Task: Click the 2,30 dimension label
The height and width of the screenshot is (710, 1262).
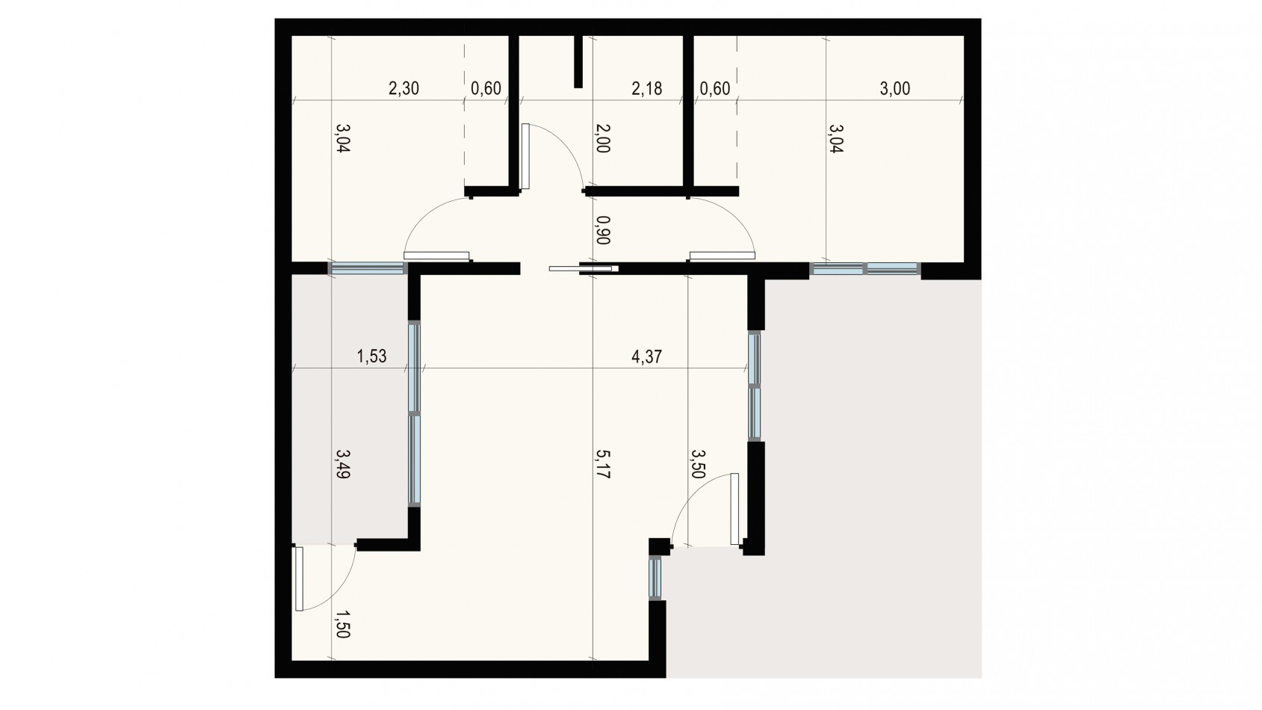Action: pyautogui.click(x=404, y=89)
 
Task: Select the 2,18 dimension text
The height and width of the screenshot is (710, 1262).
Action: pyautogui.click(x=646, y=89)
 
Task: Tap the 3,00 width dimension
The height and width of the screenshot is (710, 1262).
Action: pyautogui.click(x=894, y=89)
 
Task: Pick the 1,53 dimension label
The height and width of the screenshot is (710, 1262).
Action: pyautogui.click(x=371, y=356)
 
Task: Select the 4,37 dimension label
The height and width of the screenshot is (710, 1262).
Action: pyautogui.click(x=646, y=356)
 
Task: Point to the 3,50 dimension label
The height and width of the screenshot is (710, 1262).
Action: pyautogui.click(x=698, y=464)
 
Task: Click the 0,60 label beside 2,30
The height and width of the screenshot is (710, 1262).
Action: pyautogui.click(x=486, y=89)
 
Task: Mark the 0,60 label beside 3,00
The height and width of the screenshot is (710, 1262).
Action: pyautogui.click(x=714, y=89)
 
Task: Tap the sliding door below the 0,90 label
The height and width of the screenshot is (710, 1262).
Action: pyautogui.click(x=583, y=268)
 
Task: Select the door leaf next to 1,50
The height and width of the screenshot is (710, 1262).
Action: pyautogui.click(x=299, y=578)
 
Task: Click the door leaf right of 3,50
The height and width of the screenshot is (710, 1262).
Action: pyautogui.click(x=734, y=508)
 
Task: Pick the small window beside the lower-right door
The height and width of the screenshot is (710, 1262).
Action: pyautogui.click(x=656, y=577)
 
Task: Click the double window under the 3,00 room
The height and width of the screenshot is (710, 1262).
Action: pyautogui.click(x=864, y=269)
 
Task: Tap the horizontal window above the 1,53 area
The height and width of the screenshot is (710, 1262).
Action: pyautogui.click(x=367, y=268)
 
